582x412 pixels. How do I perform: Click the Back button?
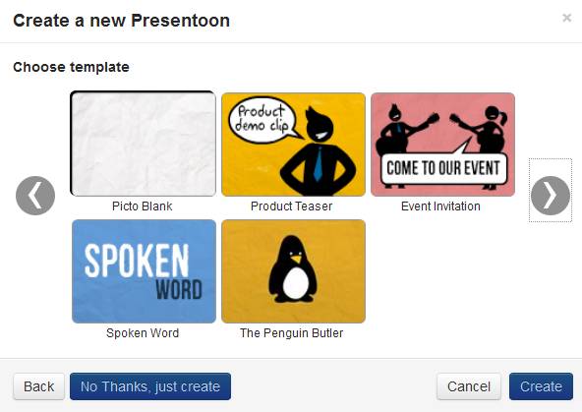[x=38, y=386]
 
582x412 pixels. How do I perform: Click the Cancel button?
[x=468, y=386]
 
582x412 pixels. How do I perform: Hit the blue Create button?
[x=541, y=386]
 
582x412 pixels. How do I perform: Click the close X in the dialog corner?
[x=566, y=18]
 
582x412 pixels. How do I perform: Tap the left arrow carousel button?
[x=35, y=196]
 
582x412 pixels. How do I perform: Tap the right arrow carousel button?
[x=550, y=196]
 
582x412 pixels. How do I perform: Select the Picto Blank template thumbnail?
[x=144, y=145]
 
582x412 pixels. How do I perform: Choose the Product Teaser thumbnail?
[x=293, y=145]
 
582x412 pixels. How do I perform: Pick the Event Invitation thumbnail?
[x=442, y=145]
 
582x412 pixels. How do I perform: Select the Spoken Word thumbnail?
[x=144, y=271]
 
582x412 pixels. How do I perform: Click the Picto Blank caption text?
[x=144, y=206]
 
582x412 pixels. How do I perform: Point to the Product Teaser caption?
[x=291, y=206]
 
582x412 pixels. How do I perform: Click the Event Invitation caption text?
[x=440, y=206]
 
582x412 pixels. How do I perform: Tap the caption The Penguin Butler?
[x=291, y=333]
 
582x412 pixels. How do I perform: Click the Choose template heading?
[x=71, y=67]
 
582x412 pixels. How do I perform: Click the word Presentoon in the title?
[x=181, y=20]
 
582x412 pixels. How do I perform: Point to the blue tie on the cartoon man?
[x=318, y=163]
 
